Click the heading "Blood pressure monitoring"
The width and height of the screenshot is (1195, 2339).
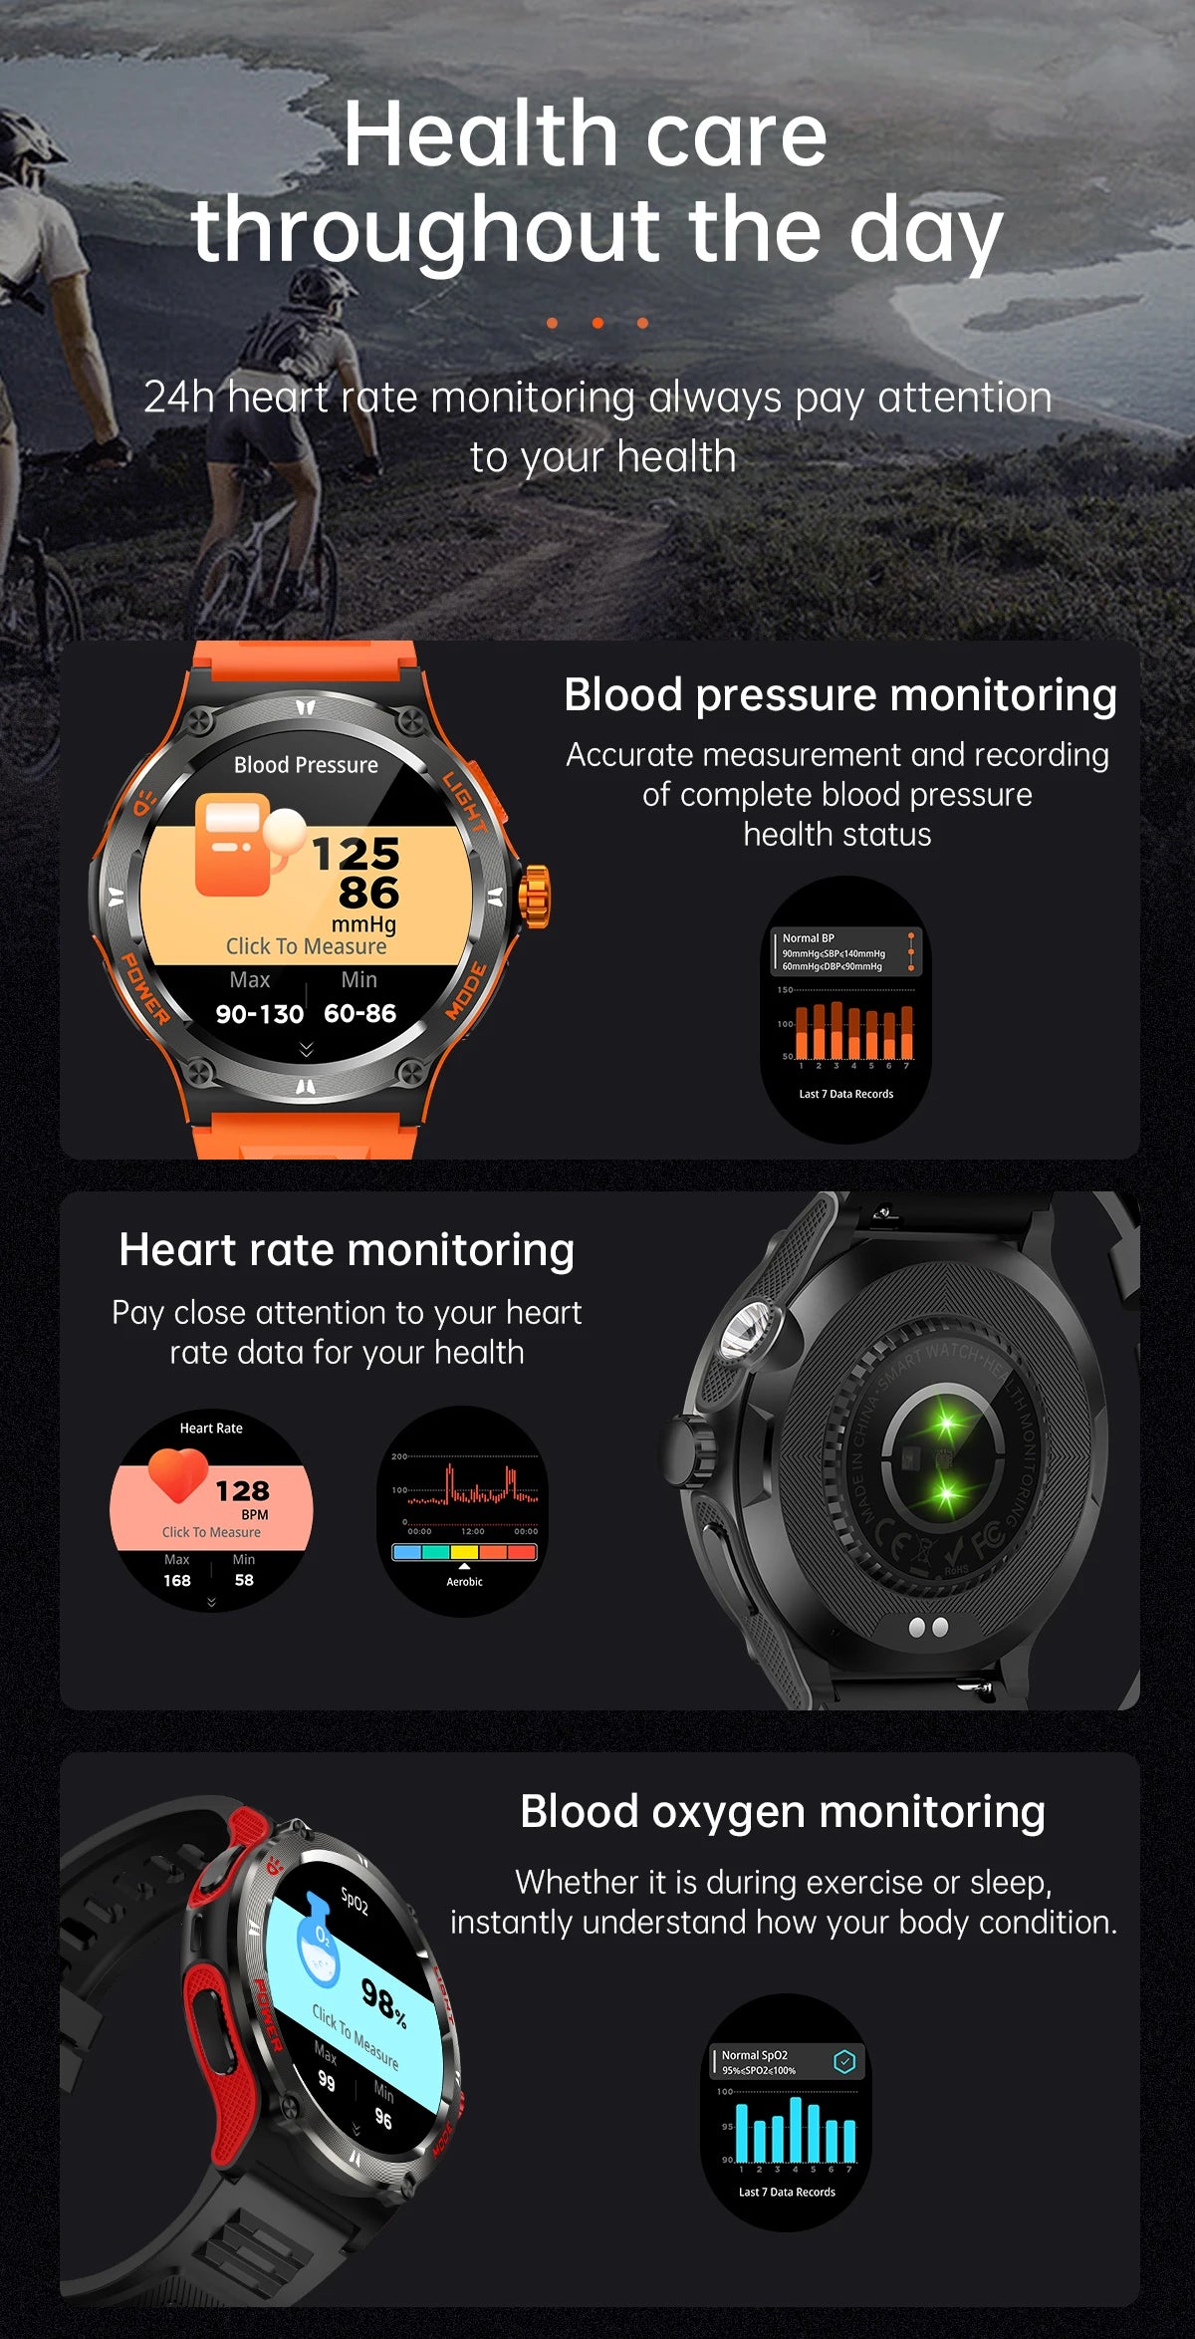tap(839, 695)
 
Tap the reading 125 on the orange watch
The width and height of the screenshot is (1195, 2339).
tap(356, 854)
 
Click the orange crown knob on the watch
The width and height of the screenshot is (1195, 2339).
tap(535, 897)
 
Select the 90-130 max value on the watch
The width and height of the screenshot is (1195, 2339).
tap(259, 1014)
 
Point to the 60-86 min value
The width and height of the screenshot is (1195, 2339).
tap(359, 1014)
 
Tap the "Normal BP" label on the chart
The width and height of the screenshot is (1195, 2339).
tap(808, 938)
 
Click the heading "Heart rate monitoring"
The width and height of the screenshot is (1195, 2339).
tap(347, 1250)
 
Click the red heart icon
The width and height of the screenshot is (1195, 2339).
tap(177, 1473)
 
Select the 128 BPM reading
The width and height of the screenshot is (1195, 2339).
tap(242, 1491)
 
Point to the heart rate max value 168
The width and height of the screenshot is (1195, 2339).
tap(177, 1580)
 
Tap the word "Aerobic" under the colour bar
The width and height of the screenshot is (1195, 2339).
tap(464, 1582)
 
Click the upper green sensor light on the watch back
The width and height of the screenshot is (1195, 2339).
tap(944, 1426)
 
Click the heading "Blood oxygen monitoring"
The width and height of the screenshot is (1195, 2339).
tap(783, 1812)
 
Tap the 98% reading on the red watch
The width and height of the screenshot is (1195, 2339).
tap(383, 1998)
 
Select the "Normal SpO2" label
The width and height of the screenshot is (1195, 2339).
tap(754, 2055)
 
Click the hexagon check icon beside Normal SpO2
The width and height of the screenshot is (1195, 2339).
tap(844, 2061)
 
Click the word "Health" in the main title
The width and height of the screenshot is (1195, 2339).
tap(482, 135)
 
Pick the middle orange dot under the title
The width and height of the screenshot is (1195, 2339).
tap(597, 323)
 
